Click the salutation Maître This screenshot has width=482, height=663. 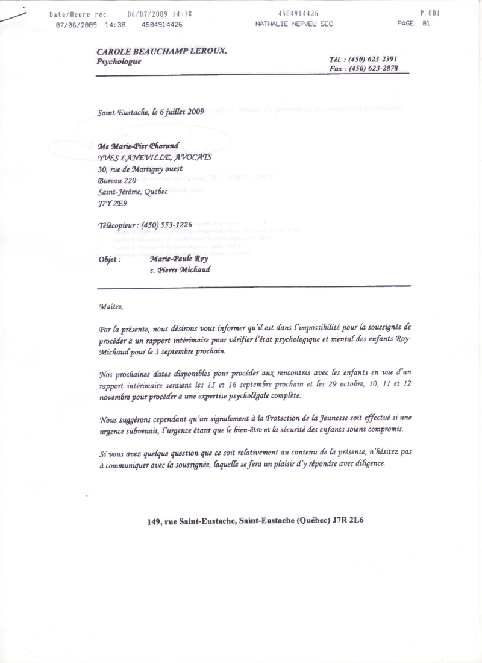[110, 306]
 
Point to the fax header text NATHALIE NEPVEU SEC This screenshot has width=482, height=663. [294, 24]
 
